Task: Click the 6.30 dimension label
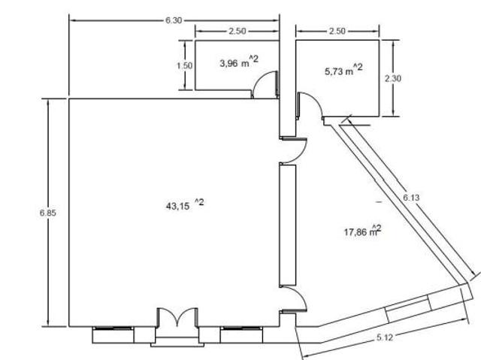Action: [x=174, y=20]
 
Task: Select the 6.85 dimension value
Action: [x=48, y=213]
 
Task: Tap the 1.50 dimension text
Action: [x=185, y=65]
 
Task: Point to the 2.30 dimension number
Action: [x=393, y=78]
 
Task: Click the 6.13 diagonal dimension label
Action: [x=411, y=198]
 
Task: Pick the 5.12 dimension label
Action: [x=385, y=337]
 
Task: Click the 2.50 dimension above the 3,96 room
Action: [x=237, y=31]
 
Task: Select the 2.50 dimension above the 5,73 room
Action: [x=337, y=31]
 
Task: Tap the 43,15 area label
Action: [x=185, y=204]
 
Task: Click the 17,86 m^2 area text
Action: [x=362, y=231]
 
